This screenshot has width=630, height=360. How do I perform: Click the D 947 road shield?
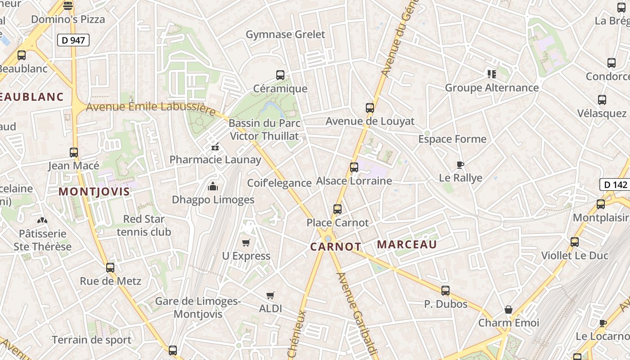point(73,40)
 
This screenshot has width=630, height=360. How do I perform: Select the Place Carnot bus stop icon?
point(337,209)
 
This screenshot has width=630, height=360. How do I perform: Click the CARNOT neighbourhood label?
point(335,247)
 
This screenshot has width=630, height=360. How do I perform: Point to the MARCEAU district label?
point(407,244)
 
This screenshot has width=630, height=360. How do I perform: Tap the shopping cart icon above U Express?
point(246,243)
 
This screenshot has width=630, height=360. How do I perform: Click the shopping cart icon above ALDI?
point(270,296)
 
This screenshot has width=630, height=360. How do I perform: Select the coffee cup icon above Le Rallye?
point(460,165)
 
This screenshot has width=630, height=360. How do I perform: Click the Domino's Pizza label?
point(68,19)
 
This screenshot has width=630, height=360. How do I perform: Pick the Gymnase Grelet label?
point(285,35)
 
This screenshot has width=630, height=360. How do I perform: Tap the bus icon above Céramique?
point(280,75)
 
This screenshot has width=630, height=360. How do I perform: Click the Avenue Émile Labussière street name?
point(151,107)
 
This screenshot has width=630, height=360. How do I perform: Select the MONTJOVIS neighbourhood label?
point(94,192)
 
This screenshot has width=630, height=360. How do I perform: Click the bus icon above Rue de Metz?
point(110,268)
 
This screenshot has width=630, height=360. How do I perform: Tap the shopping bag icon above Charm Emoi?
point(508,310)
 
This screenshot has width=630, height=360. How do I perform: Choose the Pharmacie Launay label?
point(215,160)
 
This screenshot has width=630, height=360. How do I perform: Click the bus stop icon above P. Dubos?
point(445,291)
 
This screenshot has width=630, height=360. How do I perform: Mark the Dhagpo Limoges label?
point(213,199)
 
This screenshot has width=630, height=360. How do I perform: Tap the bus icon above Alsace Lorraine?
point(354,167)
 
